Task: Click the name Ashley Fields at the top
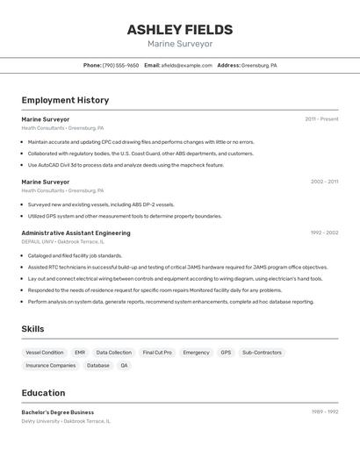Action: point(180,30)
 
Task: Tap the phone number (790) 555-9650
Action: point(120,65)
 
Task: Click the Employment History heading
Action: point(65,100)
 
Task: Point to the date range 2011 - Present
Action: point(321,118)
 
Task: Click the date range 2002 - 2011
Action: point(324,182)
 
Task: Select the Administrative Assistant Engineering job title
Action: point(76,232)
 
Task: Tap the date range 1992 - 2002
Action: point(324,232)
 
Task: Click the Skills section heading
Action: point(33,328)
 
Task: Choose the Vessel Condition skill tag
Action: point(45,352)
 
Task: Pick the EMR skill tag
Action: point(80,352)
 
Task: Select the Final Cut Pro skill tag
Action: point(157,352)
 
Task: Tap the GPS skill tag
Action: point(226,352)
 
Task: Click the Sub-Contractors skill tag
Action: point(262,352)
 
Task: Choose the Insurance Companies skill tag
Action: point(51,365)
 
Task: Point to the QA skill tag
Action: point(124,365)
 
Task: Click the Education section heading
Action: point(43,393)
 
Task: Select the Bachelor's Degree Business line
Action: point(57,411)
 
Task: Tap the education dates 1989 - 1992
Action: point(324,411)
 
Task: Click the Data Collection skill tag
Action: point(114,352)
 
